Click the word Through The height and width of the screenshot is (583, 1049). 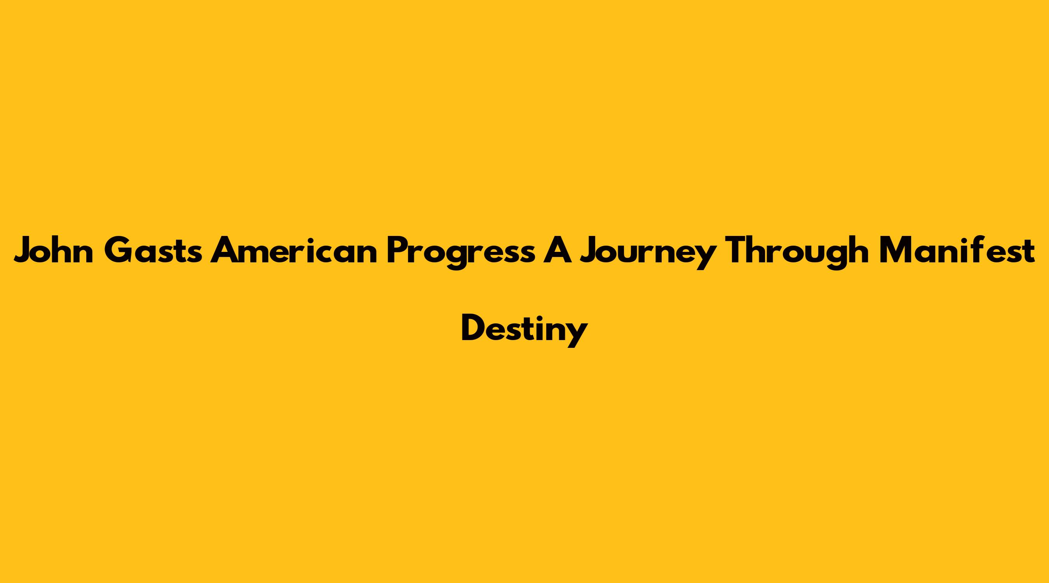click(798, 253)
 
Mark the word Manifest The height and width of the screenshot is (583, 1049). click(957, 250)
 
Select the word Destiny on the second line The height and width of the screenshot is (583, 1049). click(524, 330)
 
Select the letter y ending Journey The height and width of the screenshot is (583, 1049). click(706, 257)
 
